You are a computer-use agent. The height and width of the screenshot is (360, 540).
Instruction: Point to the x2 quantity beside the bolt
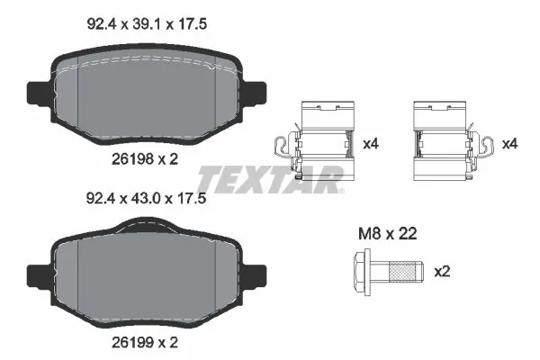[x=442, y=270]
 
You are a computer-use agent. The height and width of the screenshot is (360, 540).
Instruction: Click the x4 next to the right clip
[x=509, y=144]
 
